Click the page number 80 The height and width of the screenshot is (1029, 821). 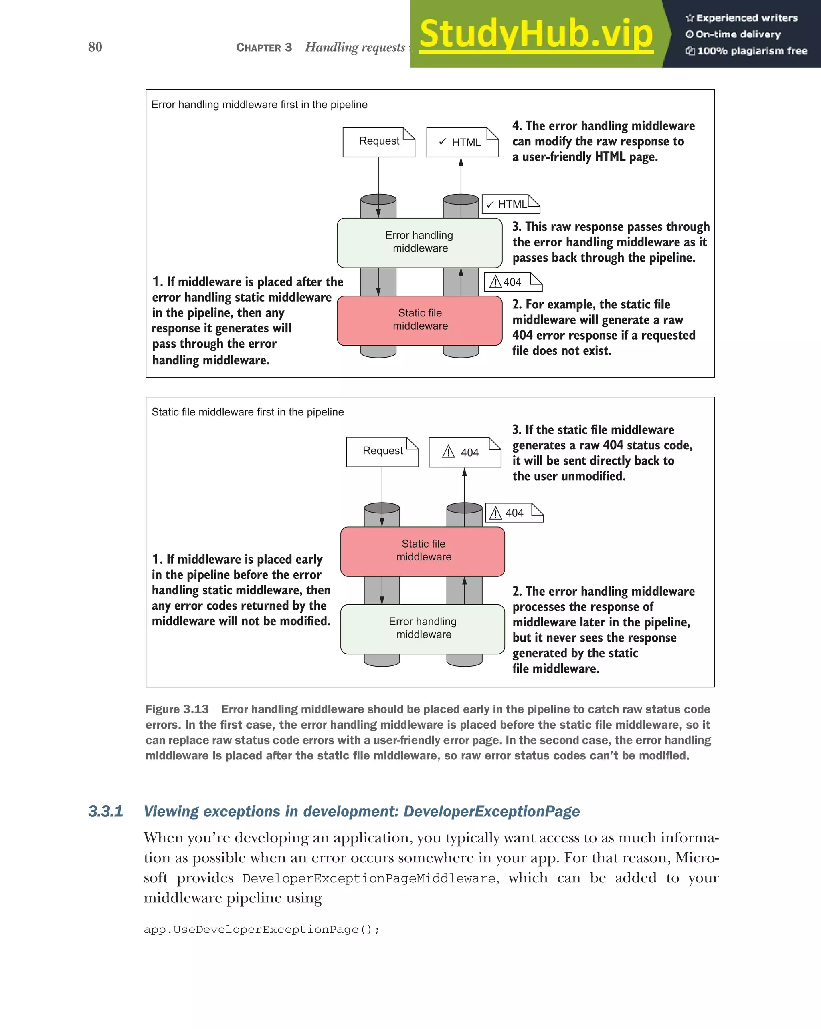[95, 47]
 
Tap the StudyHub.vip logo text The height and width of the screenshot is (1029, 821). [536, 34]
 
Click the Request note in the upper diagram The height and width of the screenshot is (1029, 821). [379, 142]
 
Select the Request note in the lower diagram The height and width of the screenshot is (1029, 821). [382, 451]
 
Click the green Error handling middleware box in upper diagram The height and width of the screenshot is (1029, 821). [419, 242]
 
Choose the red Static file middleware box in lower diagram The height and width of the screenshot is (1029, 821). [423, 551]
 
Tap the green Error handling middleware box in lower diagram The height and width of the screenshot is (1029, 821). [423, 628]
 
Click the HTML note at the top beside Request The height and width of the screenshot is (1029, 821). [462, 142]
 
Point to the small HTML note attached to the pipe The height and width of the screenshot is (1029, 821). [510, 204]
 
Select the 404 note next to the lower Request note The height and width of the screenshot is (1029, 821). [464, 453]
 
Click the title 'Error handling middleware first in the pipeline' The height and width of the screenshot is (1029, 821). [259, 105]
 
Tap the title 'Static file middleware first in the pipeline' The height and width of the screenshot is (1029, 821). [247, 412]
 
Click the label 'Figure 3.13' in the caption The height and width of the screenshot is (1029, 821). [177, 709]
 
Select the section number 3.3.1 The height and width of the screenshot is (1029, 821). [105, 812]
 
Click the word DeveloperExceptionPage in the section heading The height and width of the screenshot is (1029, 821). [491, 812]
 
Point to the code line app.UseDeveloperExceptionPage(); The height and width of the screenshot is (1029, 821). [262, 930]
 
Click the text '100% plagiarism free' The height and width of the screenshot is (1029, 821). [752, 51]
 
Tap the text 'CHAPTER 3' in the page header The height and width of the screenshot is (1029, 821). [264, 48]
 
